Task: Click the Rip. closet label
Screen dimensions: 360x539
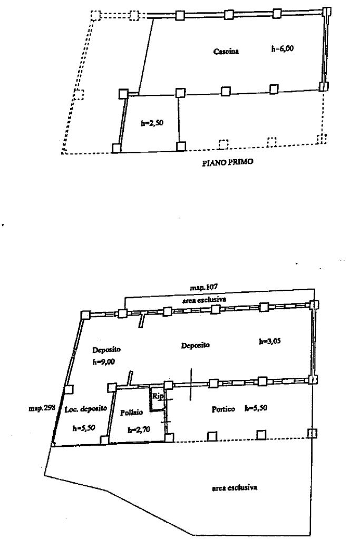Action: pos(157,396)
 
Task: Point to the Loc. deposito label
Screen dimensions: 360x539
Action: pos(86,409)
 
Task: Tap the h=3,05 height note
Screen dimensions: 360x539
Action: pos(269,341)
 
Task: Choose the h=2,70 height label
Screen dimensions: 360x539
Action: pos(139,430)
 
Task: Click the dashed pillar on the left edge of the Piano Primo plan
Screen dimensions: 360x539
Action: pos(79,95)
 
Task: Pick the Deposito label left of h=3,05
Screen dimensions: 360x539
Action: pos(196,346)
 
